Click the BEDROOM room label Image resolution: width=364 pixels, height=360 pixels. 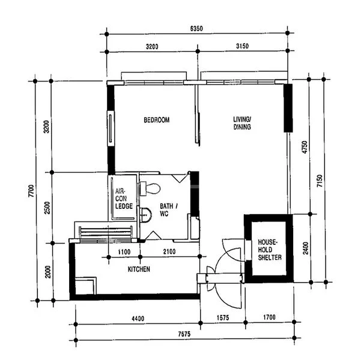(x=156, y=120)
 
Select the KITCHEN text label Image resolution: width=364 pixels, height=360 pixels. (x=139, y=269)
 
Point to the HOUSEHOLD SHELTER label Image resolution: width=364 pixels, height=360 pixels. (x=268, y=248)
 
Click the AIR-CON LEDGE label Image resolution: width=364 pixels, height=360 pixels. (x=124, y=198)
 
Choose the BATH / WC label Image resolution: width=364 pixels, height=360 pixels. (x=168, y=210)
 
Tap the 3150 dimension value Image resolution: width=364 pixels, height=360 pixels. (x=243, y=46)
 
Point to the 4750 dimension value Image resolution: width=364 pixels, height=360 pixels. (x=304, y=147)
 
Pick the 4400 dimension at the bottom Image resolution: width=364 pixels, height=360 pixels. (x=138, y=319)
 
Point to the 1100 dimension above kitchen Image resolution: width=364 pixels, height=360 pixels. (x=124, y=252)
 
